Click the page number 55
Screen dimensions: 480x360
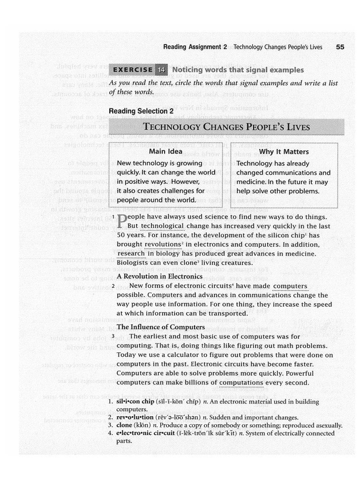[340, 47]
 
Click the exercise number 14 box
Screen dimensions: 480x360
[161, 70]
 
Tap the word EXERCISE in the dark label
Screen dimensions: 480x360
[133, 70]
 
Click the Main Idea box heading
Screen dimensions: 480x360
[165, 151]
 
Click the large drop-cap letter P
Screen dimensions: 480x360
[121, 220]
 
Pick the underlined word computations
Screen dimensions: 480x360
[241, 382]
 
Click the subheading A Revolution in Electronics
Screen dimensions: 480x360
[159, 276]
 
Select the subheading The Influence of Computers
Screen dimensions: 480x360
[160, 327]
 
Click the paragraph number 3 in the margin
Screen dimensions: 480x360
[120, 336]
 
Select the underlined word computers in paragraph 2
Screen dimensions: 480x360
[290, 286]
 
